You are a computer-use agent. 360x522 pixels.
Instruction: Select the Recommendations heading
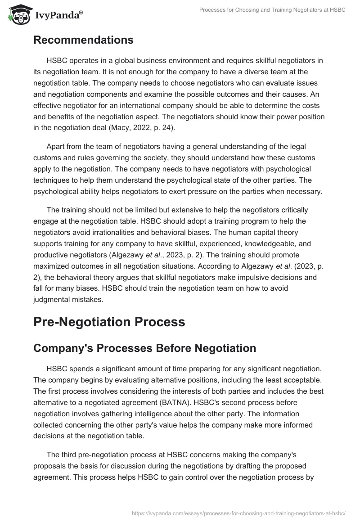click(x=83, y=40)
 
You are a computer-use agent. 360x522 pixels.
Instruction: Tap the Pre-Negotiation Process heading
click(x=109, y=322)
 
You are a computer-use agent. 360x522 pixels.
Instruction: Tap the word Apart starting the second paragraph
click(x=56, y=146)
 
